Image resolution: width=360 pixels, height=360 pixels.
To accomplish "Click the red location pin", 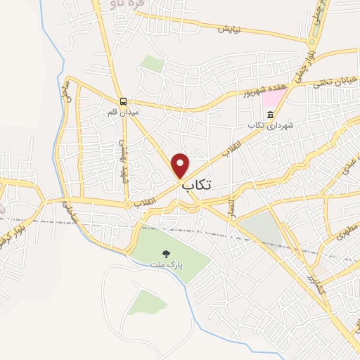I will pos(181,165).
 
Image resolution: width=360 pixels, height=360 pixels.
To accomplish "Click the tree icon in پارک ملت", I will pos(166,253).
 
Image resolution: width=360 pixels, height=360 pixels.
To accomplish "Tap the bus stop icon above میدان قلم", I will pos(123,101).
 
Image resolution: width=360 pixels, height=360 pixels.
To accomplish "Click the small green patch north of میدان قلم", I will pos(151,64).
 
